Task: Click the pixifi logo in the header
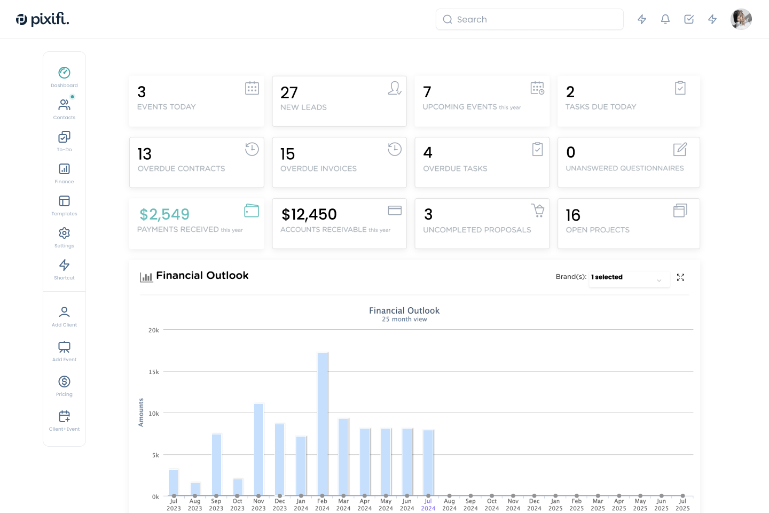tap(42, 19)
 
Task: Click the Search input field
tap(529, 19)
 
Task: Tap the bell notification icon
tap(665, 19)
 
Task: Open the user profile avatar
tap(741, 19)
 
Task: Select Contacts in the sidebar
tap(64, 109)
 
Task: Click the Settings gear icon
tap(64, 233)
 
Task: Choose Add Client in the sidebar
tap(64, 316)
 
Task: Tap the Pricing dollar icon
tap(64, 382)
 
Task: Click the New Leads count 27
tap(289, 92)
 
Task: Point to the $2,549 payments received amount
tap(164, 214)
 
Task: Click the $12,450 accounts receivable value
tap(309, 214)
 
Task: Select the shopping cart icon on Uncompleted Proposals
tap(538, 211)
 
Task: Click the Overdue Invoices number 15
tap(287, 153)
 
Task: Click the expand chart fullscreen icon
tap(680, 277)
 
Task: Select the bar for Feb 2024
tap(323, 424)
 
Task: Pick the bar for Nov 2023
tap(259, 450)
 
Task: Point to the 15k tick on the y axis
tap(153, 372)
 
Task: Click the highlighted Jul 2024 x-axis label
tap(428, 504)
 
